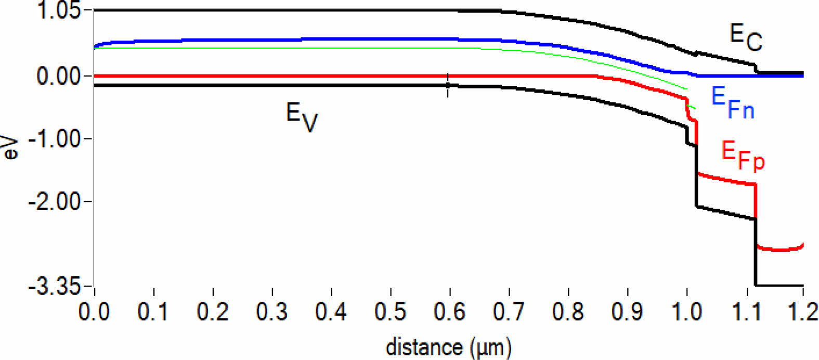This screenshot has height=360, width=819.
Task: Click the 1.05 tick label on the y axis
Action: coord(59,10)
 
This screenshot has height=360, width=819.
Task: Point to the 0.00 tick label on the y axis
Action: coord(59,76)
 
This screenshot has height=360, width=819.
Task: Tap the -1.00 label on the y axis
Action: coord(55,139)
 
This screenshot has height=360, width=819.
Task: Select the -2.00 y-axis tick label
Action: coord(55,201)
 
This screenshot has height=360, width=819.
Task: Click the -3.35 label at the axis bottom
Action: coord(55,287)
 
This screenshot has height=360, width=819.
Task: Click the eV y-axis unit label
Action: coord(11,148)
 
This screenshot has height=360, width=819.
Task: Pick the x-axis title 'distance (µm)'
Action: coord(448,347)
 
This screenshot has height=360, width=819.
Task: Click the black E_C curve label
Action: coord(746,37)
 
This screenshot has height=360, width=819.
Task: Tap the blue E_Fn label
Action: coord(733,102)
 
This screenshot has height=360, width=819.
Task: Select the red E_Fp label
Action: coord(743,155)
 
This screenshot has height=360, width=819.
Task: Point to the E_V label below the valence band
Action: coord(302,117)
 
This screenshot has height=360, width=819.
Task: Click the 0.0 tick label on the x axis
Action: coord(94,312)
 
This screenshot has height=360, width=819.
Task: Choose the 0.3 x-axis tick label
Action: coord(272,312)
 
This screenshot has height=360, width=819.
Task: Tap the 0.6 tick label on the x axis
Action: coord(450,312)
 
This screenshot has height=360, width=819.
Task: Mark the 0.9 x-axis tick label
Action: coord(628,312)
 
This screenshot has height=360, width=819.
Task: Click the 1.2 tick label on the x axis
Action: coord(803,312)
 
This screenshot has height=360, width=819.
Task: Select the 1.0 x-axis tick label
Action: coord(687,312)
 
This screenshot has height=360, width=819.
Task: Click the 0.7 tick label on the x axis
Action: coord(509,312)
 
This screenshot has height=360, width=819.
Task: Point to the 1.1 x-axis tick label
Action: coord(746,312)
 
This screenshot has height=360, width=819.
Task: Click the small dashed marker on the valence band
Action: coord(448,85)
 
